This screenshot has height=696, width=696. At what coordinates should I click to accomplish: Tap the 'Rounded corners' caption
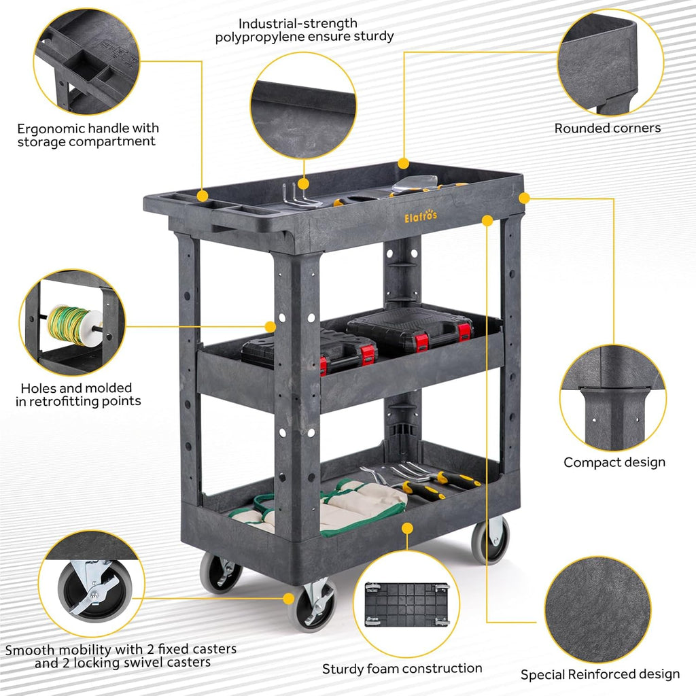click(607, 128)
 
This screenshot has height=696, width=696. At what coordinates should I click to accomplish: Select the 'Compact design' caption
click(614, 462)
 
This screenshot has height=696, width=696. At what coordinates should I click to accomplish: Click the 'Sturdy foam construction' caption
click(402, 669)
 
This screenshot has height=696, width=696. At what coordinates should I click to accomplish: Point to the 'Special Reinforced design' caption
click(599, 675)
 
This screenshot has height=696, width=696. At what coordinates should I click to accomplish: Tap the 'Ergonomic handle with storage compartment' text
click(88, 135)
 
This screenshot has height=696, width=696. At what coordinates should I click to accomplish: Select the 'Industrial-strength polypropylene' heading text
click(304, 30)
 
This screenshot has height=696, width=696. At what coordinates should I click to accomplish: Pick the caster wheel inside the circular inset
click(94, 588)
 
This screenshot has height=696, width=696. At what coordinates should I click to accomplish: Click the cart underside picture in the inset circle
click(406, 604)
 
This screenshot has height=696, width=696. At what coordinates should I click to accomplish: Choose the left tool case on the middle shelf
click(309, 350)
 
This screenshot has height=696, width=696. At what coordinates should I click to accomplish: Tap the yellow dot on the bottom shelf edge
click(406, 527)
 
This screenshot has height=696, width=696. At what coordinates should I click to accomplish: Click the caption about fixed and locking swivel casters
click(121, 656)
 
